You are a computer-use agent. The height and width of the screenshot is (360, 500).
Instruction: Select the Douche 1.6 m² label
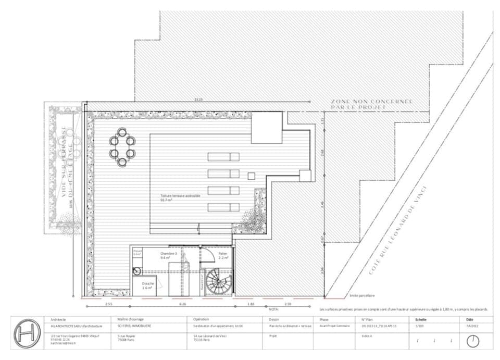[x=147, y=285]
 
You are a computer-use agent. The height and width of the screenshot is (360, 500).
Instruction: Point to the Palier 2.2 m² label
[x=223, y=256]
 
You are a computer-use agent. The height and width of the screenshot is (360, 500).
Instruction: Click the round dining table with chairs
[x=122, y=147]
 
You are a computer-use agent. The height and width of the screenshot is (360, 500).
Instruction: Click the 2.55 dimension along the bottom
[x=108, y=303]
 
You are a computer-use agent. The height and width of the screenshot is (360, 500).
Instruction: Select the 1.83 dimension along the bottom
[x=251, y=303]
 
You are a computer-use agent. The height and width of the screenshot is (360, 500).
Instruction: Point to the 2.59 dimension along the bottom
[x=287, y=303]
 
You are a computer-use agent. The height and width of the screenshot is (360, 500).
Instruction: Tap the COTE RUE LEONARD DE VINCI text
[x=399, y=230]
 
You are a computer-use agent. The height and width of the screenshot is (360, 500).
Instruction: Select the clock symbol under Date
[x=472, y=341]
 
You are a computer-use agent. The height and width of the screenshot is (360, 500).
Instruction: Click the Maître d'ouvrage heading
[x=131, y=319]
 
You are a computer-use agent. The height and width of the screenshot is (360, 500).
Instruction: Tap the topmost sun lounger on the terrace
[x=223, y=157]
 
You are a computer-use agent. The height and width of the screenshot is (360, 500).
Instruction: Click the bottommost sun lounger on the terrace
[x=223, y=207]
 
